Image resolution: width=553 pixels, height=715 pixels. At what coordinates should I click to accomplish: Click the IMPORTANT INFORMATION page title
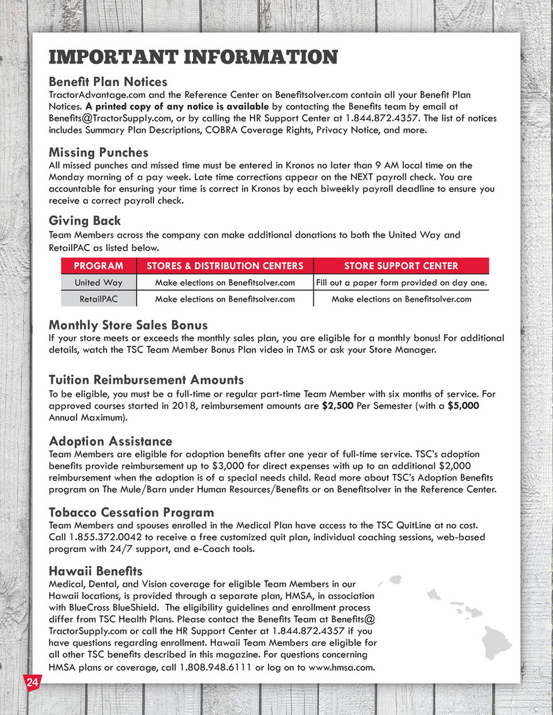[x=193, y=57]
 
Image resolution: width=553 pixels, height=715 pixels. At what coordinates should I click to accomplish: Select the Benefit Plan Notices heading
[x=108, y=82]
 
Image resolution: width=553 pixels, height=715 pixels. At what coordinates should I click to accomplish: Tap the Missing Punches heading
[x=99, y=153]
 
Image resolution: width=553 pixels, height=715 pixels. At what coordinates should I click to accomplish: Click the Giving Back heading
[x=85, y=221]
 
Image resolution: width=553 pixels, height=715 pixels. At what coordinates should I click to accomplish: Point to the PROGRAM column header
[x=98, y=266]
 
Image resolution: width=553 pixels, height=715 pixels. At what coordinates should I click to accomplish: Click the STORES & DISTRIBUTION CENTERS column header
[x=225, y=266]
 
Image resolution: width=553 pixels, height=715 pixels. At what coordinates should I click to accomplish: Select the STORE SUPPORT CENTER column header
[x=401, y=266]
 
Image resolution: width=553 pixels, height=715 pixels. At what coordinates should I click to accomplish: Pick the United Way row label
[x=98, y=283]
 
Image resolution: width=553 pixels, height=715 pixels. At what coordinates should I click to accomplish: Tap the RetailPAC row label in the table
[x=98, y=299]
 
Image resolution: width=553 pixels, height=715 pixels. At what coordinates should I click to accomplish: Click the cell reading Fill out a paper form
[x=401, y=283]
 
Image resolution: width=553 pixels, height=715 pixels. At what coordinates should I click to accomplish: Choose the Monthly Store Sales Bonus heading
[x=128, y=325]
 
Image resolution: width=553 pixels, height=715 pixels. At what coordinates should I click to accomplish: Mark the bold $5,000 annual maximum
[x=464, y=406]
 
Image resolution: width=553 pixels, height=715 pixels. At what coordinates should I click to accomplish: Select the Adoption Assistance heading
[x=111, y=441]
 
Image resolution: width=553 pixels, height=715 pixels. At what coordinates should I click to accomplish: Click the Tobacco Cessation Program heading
[x=131, y=513]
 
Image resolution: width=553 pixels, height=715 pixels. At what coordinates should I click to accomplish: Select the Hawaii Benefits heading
[x=96, y=571]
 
